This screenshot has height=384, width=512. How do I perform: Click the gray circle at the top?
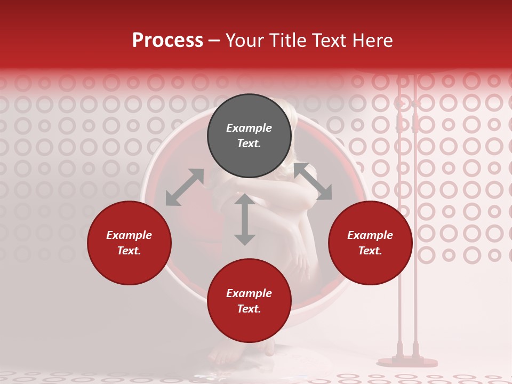[x=249, y=136]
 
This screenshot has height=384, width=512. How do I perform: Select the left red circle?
[x=129, y=243]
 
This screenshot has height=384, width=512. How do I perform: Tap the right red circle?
[x=370, y=243]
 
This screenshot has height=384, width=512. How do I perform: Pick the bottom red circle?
[x=249, y=301]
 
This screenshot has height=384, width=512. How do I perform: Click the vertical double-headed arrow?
[x=245, y=219]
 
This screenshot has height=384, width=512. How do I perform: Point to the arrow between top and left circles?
[x=185, y=187]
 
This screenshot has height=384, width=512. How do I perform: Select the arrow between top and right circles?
[x=313, y=182]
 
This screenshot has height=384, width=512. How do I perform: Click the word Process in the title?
[x=167, y=41]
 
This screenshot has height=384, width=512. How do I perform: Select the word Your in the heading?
[x=243, y=41]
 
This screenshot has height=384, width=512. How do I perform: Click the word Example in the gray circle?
[x=249, y=128]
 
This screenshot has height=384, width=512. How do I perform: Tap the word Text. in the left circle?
[x=129, y=251]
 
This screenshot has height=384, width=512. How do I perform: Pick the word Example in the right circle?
[x=370, y=235]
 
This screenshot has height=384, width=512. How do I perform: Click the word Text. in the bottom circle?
[x=249, y=309]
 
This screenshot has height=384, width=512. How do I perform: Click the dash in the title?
[x=214, y=41]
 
